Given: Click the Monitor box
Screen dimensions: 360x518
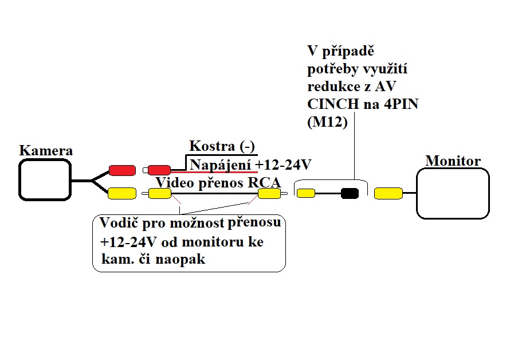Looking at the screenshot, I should [x=453, y=193].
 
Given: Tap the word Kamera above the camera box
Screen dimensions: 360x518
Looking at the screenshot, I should [x=46, y=151].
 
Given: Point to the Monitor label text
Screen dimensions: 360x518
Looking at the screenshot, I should [x=453, y=161].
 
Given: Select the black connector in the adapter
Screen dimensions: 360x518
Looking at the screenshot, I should [x=349, y=193].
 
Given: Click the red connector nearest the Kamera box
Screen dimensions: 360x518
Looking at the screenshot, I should [x=121, y=170].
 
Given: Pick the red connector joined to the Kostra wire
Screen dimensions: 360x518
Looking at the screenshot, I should [x=159, y=170].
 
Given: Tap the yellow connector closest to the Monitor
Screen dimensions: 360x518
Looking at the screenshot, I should [x=388, y=194].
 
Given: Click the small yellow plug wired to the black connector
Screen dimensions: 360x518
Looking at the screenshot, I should [x=306, y=193].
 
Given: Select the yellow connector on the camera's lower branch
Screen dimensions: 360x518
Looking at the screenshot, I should [x=121, y=193].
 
